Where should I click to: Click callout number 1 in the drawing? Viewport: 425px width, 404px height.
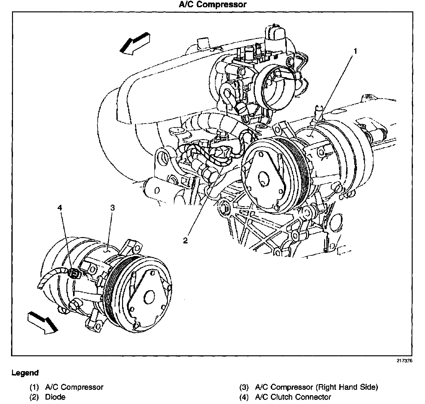(355, 51)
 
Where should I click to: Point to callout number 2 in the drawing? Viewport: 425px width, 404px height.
(185, 241)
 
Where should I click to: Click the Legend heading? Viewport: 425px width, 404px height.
(25, 373)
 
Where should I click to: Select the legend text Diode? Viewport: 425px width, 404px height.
(55, 397)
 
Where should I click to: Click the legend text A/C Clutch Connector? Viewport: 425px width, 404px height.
(293, 397)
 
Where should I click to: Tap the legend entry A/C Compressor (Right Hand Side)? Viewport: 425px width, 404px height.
(316, 387)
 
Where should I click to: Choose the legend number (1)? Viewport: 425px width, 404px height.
(34, 387)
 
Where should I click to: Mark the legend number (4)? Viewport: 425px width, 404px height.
(244, 397)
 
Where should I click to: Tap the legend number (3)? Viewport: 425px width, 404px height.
(244, 387)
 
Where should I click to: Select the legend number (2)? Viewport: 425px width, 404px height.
(34, 397)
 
